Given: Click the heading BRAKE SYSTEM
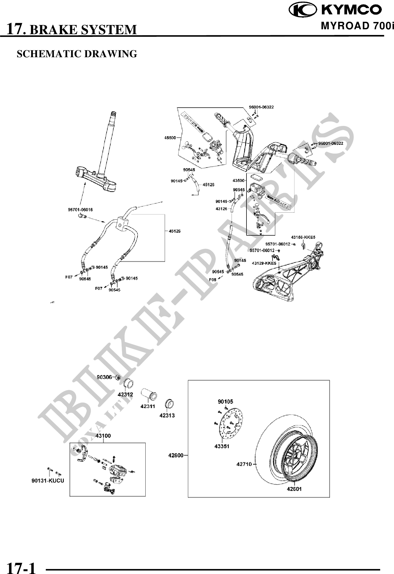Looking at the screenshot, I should (83, 30).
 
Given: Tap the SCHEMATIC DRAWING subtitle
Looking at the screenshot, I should (77, 54).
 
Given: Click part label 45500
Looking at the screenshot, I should (170, 137).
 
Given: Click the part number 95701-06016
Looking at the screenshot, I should (80, 209).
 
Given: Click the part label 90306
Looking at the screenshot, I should (104, 377).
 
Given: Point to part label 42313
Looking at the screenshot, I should (167, 415).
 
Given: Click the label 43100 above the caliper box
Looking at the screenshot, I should (103, 436).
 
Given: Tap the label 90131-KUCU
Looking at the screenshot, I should (48, 481).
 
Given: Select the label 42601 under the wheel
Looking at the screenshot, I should (294, 489).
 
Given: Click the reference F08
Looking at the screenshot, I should (213, 279).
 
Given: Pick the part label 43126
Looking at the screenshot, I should (222, 209).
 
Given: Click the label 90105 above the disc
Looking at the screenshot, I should (225, 402).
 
